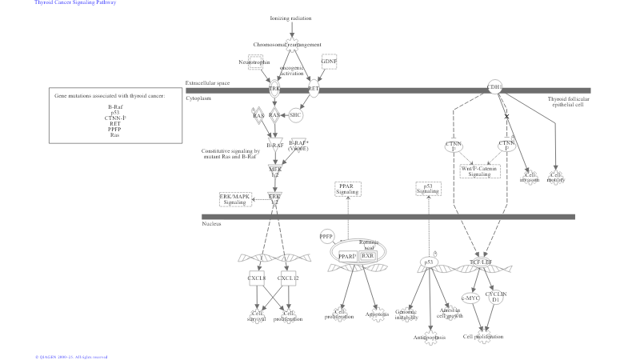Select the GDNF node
click(329, 62)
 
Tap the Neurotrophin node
click(255, 62)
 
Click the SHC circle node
click(295, 114)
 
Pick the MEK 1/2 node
click(275, 171)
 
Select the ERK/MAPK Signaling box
click(235, 199)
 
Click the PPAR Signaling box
click(348, 189)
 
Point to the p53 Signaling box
click(428, 189)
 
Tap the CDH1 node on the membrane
click(495, 86)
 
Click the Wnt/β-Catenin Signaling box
click(480, 171)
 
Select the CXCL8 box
click(257, 278)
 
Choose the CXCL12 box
click(288, 278)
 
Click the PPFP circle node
click(326, 237)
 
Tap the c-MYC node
click(472, 298)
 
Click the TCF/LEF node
click(481, 262)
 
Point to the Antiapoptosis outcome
click(430, 337)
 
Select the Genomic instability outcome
click(406, 314)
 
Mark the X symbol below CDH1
click(506, 117)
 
